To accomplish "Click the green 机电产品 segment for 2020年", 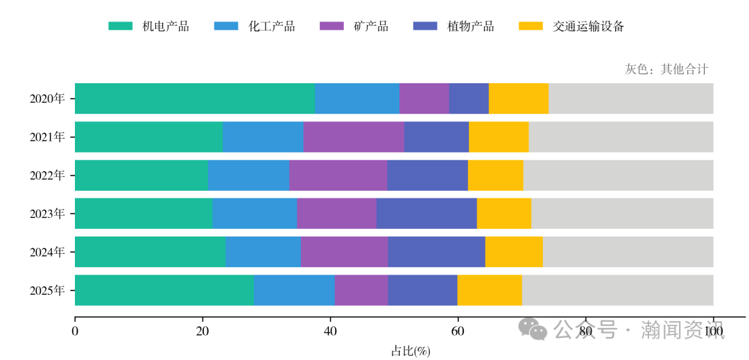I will click(194, 98).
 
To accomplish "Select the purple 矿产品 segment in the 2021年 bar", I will click(354, 137).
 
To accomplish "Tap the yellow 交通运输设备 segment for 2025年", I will click(490, 290).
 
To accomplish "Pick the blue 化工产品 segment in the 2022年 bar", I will click(248, 175).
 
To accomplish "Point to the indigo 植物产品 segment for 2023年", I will click(427, 213).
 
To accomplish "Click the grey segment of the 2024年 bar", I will click(628, 251).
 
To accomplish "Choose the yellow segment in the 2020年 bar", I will click(519, 98).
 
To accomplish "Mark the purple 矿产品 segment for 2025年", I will click(361, 290).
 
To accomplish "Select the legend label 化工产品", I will click(272, 26).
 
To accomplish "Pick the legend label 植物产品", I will click(471, 26).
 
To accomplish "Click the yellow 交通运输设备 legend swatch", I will click(531, 26).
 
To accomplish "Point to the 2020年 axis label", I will click(47, 98).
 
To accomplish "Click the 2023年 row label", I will click(47, 214).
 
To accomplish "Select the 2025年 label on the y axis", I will click(47, 290).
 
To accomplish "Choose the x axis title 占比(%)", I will click(411, 351).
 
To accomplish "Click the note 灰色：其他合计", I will click(666, 69).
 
